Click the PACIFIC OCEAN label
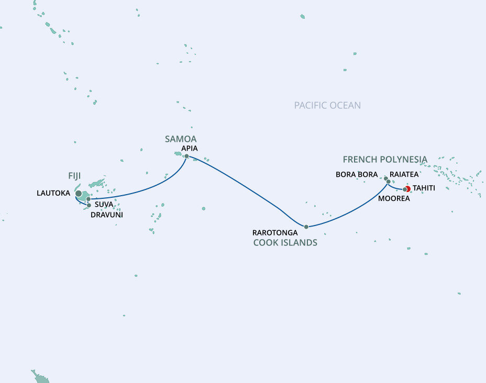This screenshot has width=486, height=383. click(x=327, y=105)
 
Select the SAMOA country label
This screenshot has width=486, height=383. click(x=181, y=139)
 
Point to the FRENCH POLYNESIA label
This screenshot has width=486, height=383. click(x=385, y=159)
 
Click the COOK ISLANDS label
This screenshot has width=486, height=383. click(x=285, y=242)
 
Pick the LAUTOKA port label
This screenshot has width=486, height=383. click(x=53, y=193)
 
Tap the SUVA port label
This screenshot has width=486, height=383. click(x=104, y=204)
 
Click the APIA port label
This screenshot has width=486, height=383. click(x=190, y=148)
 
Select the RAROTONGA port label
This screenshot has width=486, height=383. click(x=275, y=232)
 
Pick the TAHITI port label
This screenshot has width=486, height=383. click(x=423, y=188)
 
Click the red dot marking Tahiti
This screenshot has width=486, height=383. click(x=408, y=189)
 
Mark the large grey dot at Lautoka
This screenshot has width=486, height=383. click(x=79, y=194)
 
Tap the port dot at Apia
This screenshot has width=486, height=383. click(x=186, y=155)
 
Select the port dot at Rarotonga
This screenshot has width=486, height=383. click(x=306, y=227)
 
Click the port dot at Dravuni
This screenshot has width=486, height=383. click(x=89, y=205)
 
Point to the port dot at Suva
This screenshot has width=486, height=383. click(x=89, y=199)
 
